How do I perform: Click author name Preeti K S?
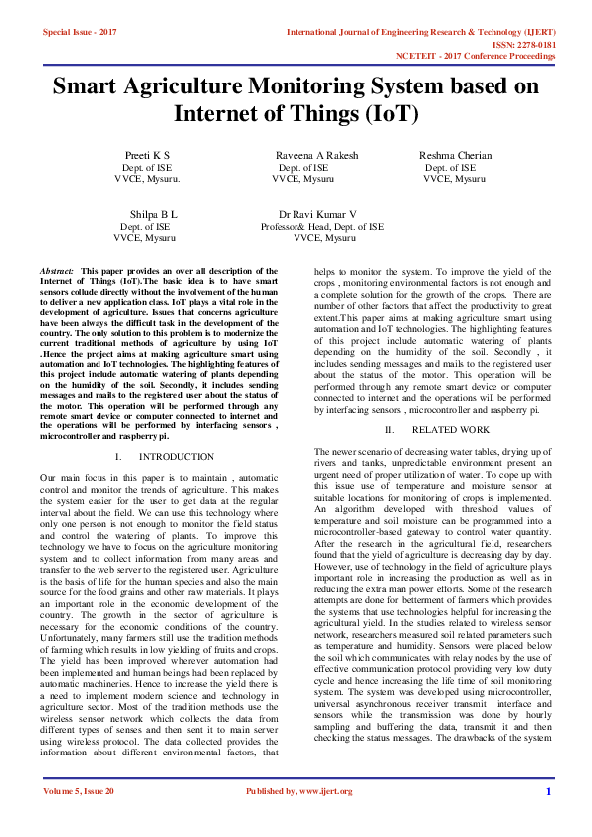coord(147,156)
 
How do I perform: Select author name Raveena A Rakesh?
coord(316,156)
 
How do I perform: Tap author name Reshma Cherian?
coord(455,156)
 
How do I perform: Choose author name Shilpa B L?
coord(154,214)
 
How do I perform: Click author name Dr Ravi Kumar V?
coord(318,214)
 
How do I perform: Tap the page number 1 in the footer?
coord(548,819)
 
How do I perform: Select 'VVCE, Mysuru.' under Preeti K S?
coord(147,180)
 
